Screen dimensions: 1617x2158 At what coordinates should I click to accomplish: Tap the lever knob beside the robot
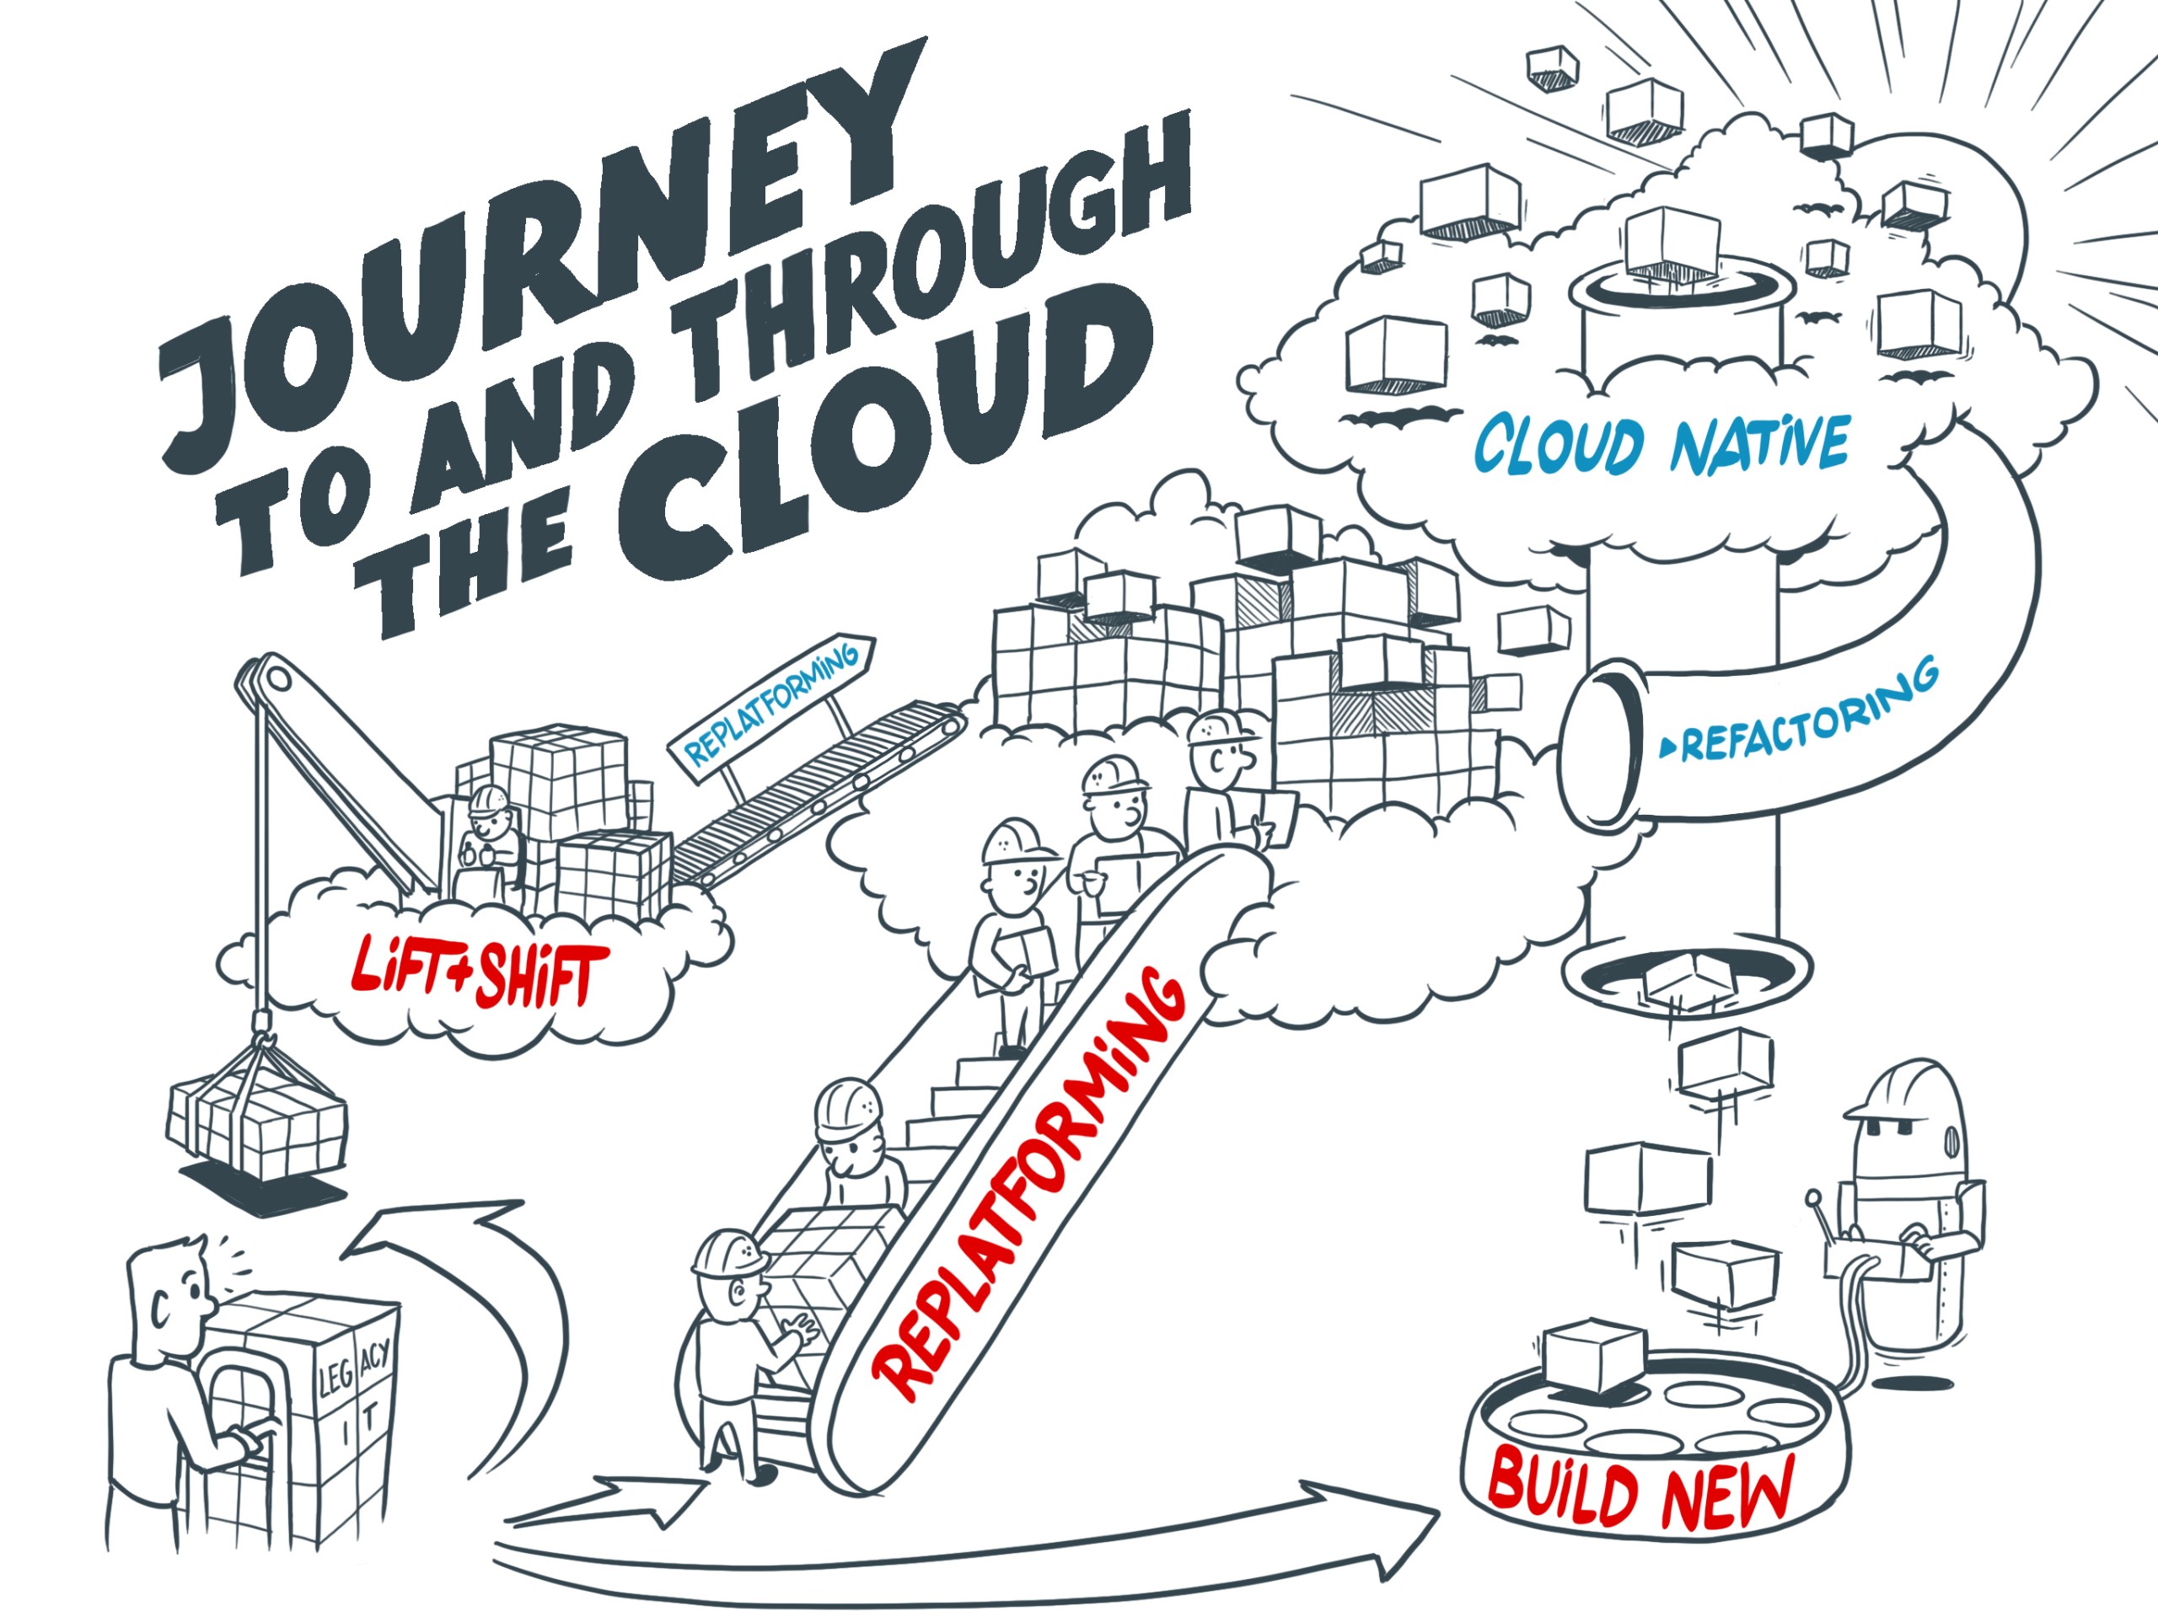(1812, 1197)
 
